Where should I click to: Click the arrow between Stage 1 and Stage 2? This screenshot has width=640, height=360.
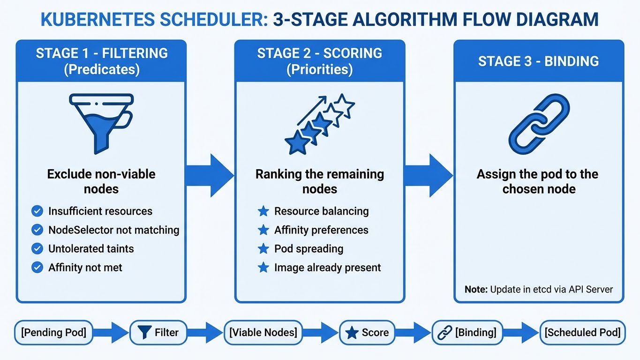pyautogui.click(x=210, y=175)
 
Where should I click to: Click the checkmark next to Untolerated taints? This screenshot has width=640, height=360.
pyautogui.click(x=37, y=249)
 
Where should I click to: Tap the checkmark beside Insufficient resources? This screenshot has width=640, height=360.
pyautogui.click(x=37, y=211)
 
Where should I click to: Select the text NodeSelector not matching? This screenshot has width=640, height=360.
pyautogui.click(x=114, y=230)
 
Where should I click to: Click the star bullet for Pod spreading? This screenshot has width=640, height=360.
pyautogui.click(x=264, y=249)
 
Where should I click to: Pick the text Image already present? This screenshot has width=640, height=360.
pyautogui.click(x=327, y=268)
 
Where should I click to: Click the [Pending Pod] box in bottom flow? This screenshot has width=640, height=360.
pyautogui.click(x=53, y=332)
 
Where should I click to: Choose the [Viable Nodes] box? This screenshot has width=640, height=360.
pyautogui.click(x=263, y=332)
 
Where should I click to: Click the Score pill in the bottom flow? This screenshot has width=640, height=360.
pyautogui.click(x=367, y=332)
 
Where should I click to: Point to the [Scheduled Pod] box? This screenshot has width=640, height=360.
pyautogui.click(x=582, y=332)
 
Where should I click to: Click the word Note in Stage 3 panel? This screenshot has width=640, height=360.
pyautogui.click(x=475, y=289)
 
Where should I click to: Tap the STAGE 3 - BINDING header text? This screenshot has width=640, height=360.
pyautogui.click(x=538, y=61)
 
